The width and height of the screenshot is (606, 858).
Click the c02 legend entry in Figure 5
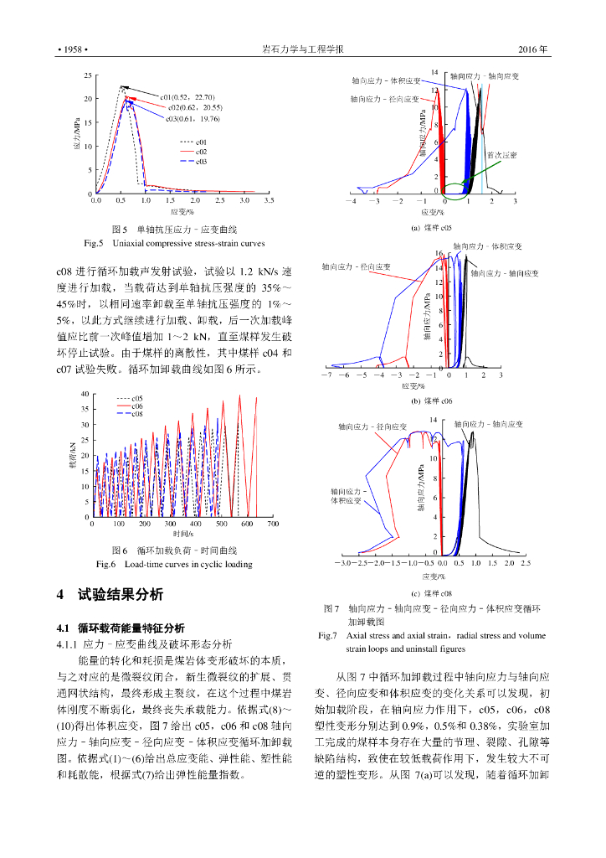[x=201, y=152]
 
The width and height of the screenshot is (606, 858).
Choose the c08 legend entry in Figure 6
[x=137, y=414]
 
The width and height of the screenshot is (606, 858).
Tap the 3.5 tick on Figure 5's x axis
[x=269, y=202]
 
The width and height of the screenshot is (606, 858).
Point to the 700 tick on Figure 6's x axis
[x=272, y=524]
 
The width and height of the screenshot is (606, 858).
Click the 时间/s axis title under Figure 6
[x=182, y=534]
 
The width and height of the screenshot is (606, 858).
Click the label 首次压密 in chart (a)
[x=501, y=155]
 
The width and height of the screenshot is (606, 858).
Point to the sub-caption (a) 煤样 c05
[x=431, y=228]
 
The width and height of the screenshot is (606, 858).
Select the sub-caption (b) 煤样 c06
[x=431, y=401]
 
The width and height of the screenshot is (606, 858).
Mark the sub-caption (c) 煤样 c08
[x=431, y=592]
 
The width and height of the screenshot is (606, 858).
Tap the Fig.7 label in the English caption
[x=328, y=636]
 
